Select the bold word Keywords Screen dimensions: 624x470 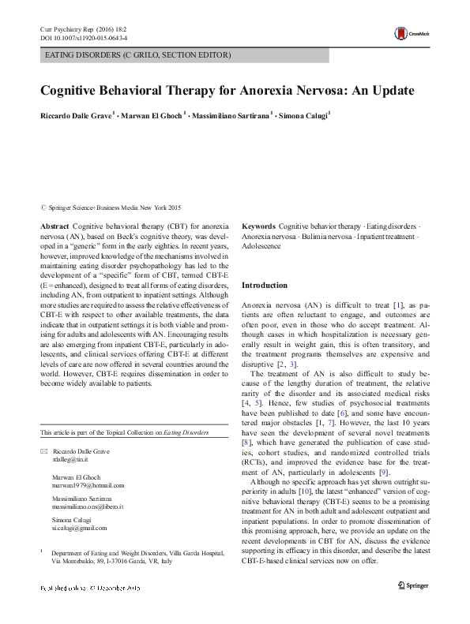click(x=258, y=226)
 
